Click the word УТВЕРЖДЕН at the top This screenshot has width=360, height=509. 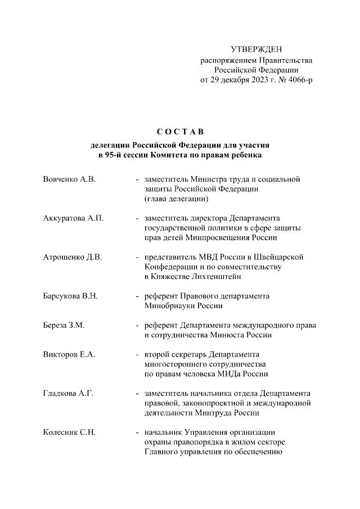point(256,50)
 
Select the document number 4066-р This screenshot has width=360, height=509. point(298,80)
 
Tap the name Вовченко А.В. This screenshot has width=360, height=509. point(69,179)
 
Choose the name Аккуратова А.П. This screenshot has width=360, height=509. point(73,218)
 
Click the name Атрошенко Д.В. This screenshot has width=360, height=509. point(72,257)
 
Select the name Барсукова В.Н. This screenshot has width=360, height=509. point(71,296)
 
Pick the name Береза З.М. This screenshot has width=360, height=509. point(64,325)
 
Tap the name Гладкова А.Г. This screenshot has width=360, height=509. point(68,393)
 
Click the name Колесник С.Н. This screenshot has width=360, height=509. point(69,433)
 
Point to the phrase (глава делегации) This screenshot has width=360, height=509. point(177,199)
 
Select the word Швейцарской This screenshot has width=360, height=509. point(280,257)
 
